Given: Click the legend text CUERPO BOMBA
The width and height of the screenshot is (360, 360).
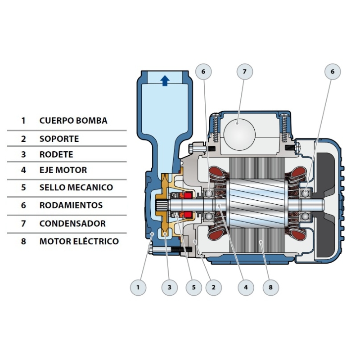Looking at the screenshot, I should tap(73, 121).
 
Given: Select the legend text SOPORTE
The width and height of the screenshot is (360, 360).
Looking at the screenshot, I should tap(59, 139).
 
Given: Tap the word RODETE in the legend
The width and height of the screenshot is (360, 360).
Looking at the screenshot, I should tap(56, 154).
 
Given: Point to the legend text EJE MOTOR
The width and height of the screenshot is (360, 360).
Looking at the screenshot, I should tap(63, 170).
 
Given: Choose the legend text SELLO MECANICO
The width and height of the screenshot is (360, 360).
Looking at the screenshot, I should tap(76, 187).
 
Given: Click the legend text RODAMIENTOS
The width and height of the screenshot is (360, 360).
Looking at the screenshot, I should tap(71, 205).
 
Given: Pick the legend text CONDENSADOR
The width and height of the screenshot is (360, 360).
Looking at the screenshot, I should tap(72, 223).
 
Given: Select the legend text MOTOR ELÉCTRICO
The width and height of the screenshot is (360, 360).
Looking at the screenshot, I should tap(79, 241).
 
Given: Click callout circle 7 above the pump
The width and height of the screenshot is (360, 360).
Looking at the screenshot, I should tap(245, 72).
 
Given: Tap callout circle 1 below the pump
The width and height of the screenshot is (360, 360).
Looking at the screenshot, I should tap(138, 287).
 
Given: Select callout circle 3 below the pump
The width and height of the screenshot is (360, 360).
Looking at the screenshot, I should tap(169, 287).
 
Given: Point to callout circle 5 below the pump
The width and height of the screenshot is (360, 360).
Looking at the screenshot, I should tap(193, 287).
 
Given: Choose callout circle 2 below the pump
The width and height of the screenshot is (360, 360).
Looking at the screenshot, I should tap(213, 287).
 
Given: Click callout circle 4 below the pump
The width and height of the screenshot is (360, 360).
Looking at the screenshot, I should tap(245, 287).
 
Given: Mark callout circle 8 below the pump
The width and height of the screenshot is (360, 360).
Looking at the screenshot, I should tap(270, 287).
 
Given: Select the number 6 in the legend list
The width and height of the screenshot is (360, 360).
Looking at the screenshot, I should tap(23, 205).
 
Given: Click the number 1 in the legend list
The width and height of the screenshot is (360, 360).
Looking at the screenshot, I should tap(23, 121).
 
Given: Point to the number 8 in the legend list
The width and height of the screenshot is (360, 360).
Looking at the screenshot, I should tap(23, 241).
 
